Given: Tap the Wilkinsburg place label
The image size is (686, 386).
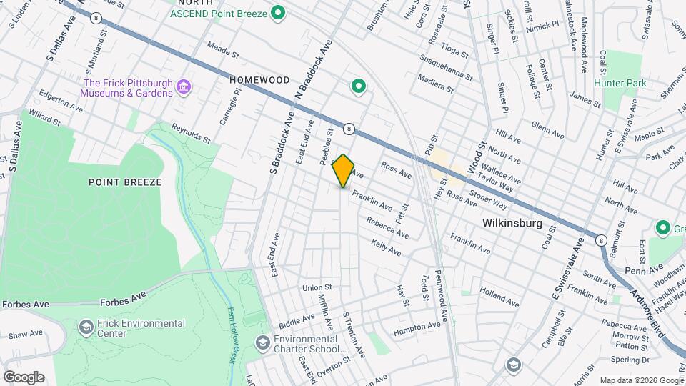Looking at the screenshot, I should [x=512, y=223].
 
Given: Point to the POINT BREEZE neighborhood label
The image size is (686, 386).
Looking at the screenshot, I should [x=125, y=182].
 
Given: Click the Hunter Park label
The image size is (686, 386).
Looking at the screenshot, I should [x=625, y=83].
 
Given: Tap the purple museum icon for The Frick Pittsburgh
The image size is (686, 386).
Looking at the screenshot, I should [x=184, y=88].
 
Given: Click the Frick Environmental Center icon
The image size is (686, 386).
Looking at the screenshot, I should [x=86, y=327].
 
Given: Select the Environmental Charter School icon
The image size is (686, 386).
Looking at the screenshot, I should [x=262, y=344].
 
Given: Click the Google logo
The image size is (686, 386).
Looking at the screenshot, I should [x=24, y=377].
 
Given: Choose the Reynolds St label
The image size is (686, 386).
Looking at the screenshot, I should [x=192, y=132].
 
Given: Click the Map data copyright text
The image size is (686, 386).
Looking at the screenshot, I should [x=640, y=380].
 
